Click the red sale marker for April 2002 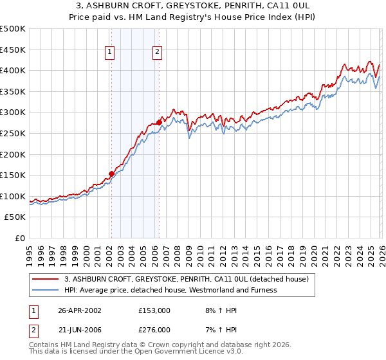(x=111, y=174)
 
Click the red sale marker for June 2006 (x=159, y=122)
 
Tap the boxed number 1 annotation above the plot (x=110, y=53)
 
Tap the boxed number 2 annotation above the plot (x=158, y=53)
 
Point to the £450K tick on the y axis (x=13, y=50)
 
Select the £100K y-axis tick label (x=13, y=196)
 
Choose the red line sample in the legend (x=46, y=279)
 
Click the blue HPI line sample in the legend (x=46, y=290)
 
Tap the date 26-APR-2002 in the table (x=80, y=310)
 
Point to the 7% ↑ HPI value (x=219, y=329)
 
